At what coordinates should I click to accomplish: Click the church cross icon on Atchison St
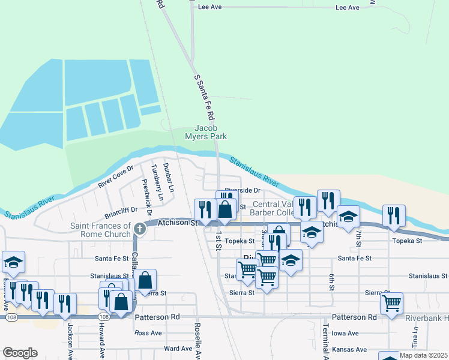(139, 228)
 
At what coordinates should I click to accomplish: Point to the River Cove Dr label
(115, 176)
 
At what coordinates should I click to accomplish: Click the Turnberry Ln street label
(158, 182)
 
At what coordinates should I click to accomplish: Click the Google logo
(20, 353)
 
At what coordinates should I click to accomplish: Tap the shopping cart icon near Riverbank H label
(392, 303)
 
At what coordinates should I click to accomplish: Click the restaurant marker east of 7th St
(394, 215)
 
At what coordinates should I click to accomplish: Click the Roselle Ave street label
(197, 341)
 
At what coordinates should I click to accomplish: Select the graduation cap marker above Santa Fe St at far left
(13, 262)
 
